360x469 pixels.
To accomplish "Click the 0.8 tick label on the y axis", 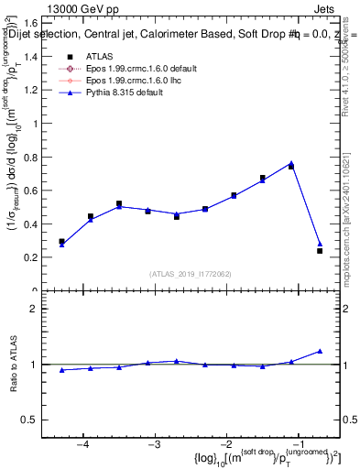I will tap(43, 157).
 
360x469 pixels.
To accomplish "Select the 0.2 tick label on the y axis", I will tap(43, 257).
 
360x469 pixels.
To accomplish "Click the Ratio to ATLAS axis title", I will tap(16, 365).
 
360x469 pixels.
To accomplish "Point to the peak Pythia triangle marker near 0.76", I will tap(290, 163).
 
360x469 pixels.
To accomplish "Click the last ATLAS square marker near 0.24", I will tap(320, 250).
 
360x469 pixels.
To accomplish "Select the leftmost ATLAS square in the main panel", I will tap(61, 242).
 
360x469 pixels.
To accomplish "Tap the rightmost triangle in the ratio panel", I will tap(320, 351).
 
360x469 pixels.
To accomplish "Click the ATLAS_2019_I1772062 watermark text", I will tap(191, 274).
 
